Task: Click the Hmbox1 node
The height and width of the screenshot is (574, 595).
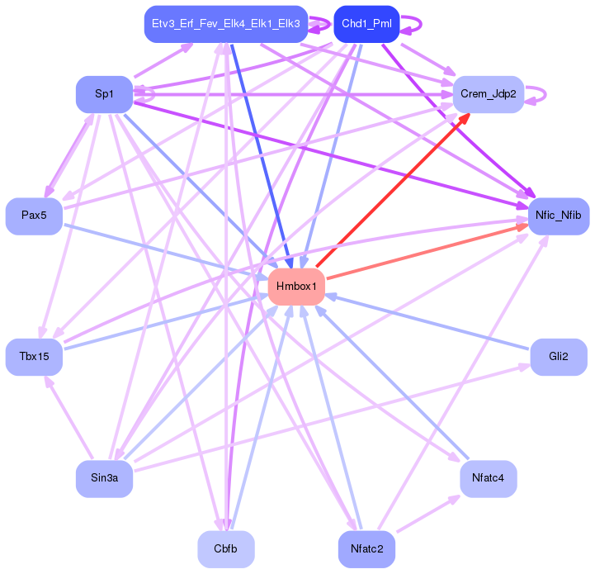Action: pyautogui.click(x=296, y=287)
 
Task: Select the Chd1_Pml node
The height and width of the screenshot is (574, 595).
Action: pyautogui.click(x=366, y=24)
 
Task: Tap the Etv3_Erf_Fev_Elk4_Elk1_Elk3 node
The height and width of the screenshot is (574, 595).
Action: pyautogui.click(x=226, y=24)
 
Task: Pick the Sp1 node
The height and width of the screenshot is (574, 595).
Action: pyautogui.click(x=104, y=94)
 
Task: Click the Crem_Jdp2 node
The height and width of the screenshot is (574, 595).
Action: pyautogui.click(x=489, y=94)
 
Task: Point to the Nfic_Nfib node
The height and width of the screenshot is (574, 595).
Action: pyautogui.click(x=559, y=216)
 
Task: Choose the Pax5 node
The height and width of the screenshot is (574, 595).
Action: pyautogui.click(x=34, y=216)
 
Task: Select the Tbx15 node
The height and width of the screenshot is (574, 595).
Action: pyautogui.click(x=34, y=357)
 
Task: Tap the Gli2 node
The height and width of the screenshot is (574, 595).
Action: pyautogui.click(x=559, y=357)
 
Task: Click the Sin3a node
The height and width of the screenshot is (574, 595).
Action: pyautogui.click(x=104, y=479)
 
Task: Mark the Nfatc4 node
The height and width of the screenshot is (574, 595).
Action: pyautogui.click(x=489, y=479)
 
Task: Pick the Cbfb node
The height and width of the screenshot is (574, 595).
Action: pyautogui.click(x=226, y=549)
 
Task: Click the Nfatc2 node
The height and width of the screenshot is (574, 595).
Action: pyautogui.click(x=366, y=549)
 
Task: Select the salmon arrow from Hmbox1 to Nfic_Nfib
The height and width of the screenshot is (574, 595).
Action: pyautogui.click(x=427, y=251)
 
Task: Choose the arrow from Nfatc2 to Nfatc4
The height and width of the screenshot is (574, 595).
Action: pyautogui.click(x=428, y=514)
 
